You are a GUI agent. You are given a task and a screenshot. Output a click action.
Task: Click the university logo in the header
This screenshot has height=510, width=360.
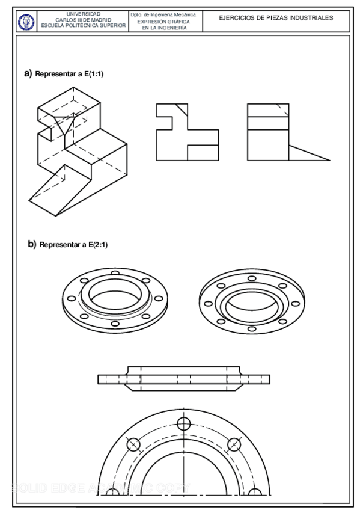(x=26, y=21)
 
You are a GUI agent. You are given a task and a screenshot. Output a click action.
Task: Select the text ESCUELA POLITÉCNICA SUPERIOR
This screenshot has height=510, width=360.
(x=84, y=26)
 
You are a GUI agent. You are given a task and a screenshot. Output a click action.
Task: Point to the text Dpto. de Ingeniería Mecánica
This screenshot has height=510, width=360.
(x=163, y=14)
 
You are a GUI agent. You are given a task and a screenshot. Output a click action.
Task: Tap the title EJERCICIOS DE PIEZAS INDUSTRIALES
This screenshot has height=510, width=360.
(x=276, y=18)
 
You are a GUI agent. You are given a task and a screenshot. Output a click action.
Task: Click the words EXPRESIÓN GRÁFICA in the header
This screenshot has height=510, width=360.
(x=163, y=21)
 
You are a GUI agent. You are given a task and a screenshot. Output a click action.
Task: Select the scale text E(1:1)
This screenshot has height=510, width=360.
(x=94, y=74)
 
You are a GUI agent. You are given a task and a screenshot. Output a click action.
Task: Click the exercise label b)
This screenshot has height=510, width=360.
(x=32, y=244)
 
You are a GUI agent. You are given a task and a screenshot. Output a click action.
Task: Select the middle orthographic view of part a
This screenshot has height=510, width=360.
(x=187, y=132)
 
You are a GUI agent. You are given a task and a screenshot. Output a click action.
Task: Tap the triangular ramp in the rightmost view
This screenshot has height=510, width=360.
(x=305, y=154)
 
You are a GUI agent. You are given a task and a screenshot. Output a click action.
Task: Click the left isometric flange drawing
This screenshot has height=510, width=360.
(x=115, y=301)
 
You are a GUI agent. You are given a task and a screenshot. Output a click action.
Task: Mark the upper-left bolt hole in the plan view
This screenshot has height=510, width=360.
(x=133, y=444)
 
